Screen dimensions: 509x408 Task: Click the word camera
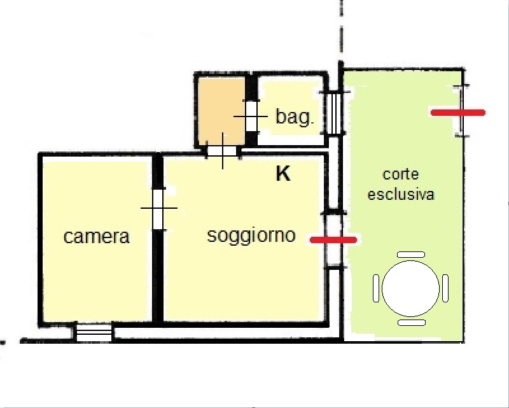(97, 237)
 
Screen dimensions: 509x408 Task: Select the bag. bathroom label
(295, 117)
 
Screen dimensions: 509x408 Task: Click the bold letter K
(283, 174)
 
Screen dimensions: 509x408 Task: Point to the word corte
(401, 174)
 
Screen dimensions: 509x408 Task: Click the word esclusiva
(401, 194)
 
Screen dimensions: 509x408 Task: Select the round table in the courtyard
(410, 288)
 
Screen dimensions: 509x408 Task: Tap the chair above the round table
(411, 255)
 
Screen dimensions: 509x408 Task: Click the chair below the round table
(411, 323)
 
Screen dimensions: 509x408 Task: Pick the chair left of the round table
(376, 288)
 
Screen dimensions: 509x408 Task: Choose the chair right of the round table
(445, 288)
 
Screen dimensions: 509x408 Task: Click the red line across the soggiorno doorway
(333, 240)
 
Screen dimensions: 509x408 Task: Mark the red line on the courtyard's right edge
(458, 113)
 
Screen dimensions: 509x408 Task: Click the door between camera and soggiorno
(158, 208)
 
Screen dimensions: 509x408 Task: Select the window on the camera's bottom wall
(94, 332)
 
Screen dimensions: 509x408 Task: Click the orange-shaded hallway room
(221, 111)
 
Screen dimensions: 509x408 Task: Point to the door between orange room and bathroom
(251, 116)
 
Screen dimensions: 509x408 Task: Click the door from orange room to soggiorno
(223, 151)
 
